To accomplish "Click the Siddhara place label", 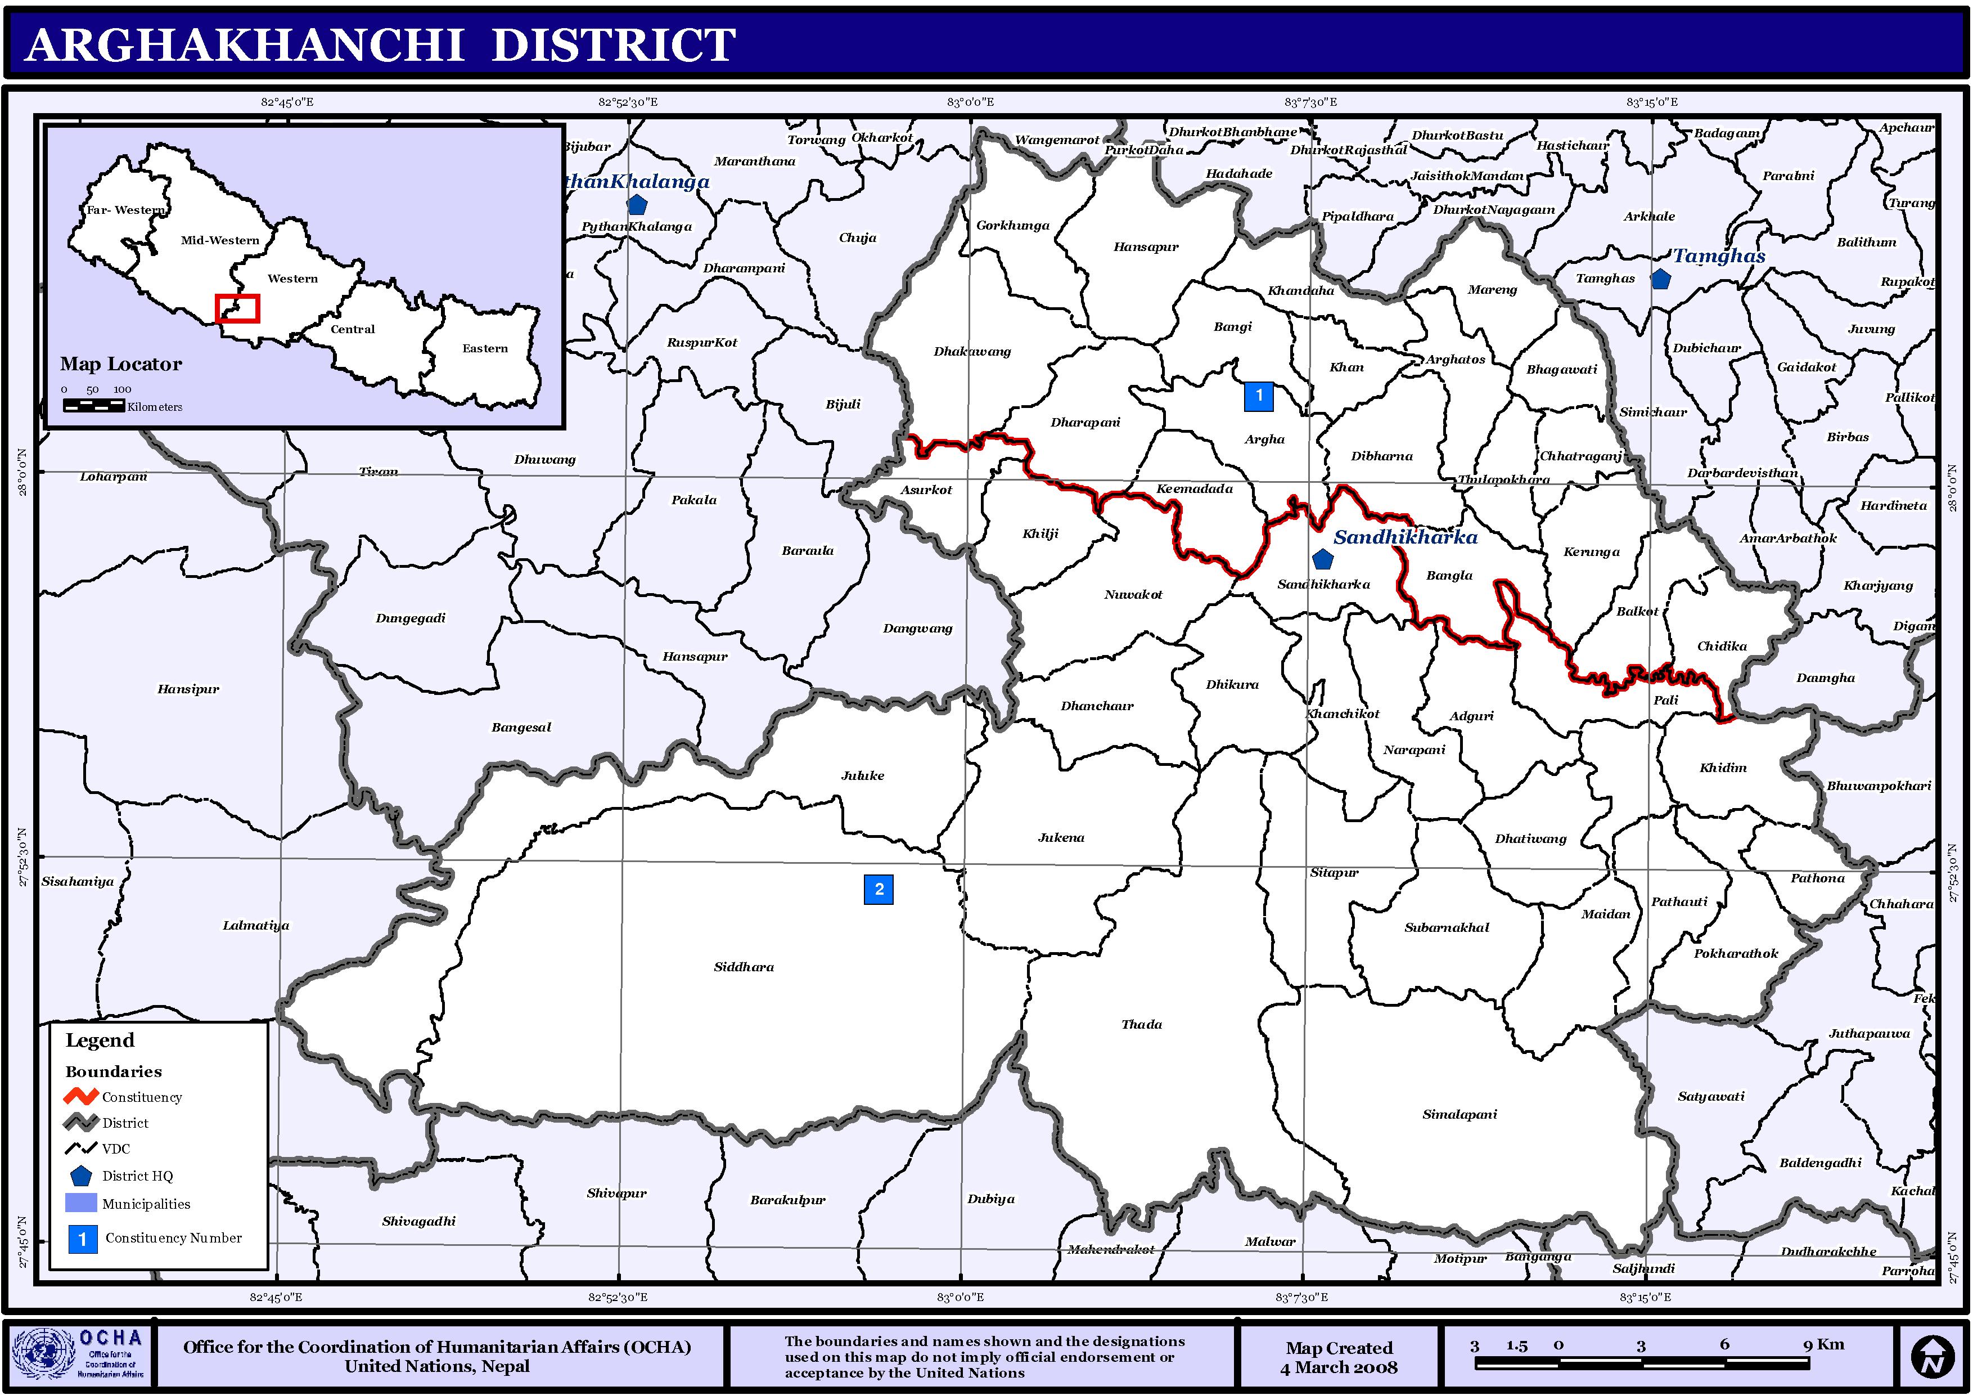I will click(x=744, y=967).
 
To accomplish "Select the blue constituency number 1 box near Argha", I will click(x=1258, y=396).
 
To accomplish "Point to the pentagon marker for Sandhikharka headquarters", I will click(x=1322, y=559).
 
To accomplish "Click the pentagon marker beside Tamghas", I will click(x=1660, y=279).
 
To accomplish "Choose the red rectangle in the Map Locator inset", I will click(x=237, y=308).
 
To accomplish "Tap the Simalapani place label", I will click(x=1459, y=1114).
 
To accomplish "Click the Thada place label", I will click(x=1141, y=1025).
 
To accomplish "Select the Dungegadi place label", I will click(x=410, y=618).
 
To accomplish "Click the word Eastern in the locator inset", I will click(x=485, y=348).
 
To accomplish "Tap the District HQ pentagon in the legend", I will click(x=81, y=1176).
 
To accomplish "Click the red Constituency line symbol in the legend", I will click(x=81, y=1097).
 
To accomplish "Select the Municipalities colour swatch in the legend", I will click(x=81, y=1203).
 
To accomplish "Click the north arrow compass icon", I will click(x=1932, y=1357).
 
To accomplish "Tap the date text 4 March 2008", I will click(x=1339, y=1367).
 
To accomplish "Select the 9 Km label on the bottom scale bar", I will click(x=1823, y=1344).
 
